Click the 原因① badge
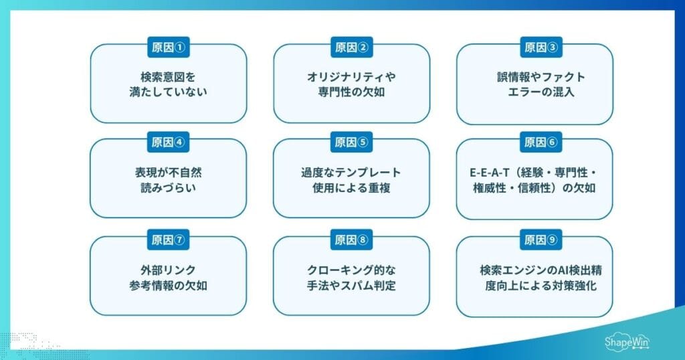[x=168, y=48]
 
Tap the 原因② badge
[x=351, y=48]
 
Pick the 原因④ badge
[x=168, y=142]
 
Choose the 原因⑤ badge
[x=351, y=142]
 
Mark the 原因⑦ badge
[x=168, y=240]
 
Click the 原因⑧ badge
[x=351, y=240]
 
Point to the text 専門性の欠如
[x=351, y=92]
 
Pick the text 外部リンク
[x=168, y=270]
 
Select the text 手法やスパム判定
[x=351, y=286]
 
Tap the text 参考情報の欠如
[x=168, y=286]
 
